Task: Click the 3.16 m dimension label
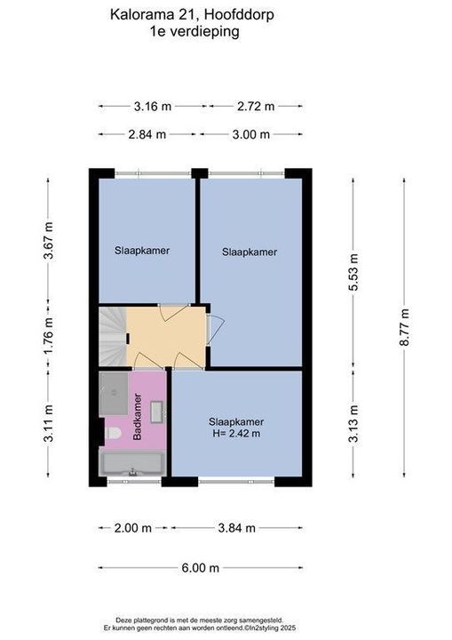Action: (x=153, y=107)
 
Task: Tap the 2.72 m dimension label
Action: (x=256, y=107)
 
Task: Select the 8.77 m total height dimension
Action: (x=404, y=327)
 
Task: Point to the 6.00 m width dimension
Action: (x=201, y=568)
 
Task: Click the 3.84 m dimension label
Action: (x=236, y=528)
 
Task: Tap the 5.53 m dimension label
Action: (x=353, y=272)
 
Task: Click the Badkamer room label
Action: (x=138, y=417)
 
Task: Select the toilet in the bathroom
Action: (x=112, y=433)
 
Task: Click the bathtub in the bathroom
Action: (x=132, y=464)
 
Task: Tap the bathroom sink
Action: (x=157, y=412)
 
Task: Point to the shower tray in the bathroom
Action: (x=114, y=394)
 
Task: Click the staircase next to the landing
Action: (x=113, y=337)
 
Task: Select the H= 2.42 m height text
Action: (x=236, y=434)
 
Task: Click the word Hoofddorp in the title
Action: (x=239, y=15)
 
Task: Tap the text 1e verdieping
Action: (x=194, y=32)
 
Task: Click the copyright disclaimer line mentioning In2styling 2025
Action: (x=200, y=628)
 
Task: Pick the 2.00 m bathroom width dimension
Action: (x=132, y=528)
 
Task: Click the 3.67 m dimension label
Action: (x=48, y=240)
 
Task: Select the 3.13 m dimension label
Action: (x=353, y=423)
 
